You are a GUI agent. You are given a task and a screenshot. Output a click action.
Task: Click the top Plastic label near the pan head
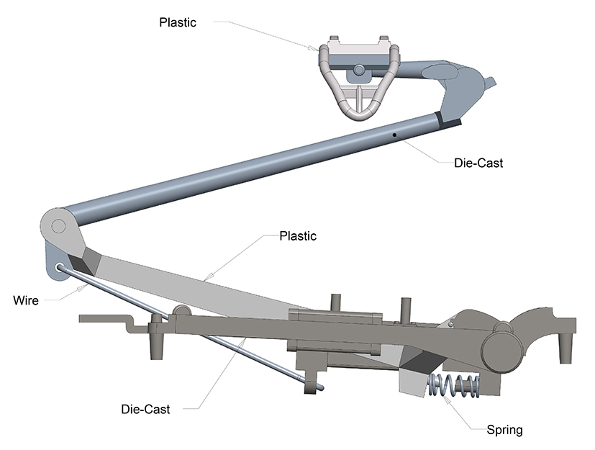[177, 22]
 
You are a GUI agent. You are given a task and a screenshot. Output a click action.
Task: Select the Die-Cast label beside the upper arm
[478, 163]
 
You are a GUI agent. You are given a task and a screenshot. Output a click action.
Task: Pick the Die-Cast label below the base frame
[145, 410]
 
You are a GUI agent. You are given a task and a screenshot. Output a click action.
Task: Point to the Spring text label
[504, 431]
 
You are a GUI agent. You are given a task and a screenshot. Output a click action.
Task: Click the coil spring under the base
[455, 387]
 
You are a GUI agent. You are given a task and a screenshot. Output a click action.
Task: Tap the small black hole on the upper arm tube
[394, 135]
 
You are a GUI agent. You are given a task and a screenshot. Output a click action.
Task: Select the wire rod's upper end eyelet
[58, 268]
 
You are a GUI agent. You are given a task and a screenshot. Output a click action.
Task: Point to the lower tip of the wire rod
[319, 389]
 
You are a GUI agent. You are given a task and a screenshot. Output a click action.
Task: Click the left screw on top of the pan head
[334, 38]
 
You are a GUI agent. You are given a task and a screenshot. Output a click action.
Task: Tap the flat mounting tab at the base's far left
[101, 318]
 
